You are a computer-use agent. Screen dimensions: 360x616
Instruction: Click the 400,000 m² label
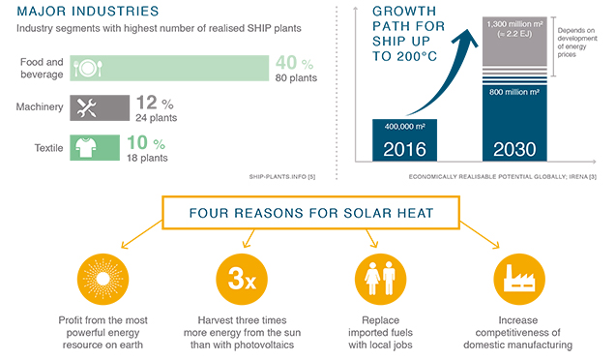[405, 127]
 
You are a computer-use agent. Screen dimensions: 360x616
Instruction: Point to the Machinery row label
[44, 107]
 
